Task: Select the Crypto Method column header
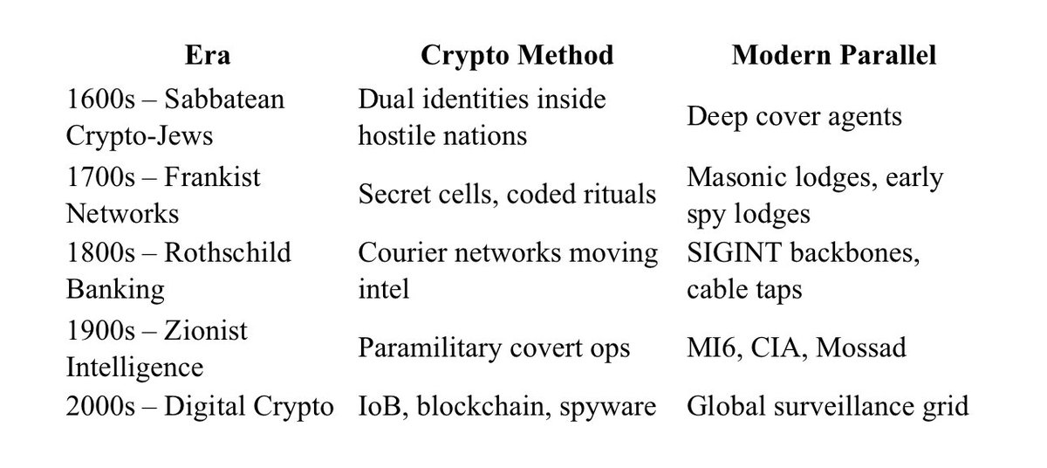[517, 56]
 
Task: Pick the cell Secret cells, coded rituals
[507, 194]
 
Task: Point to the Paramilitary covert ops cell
[494, 347]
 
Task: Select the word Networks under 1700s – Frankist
[122, 213]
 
